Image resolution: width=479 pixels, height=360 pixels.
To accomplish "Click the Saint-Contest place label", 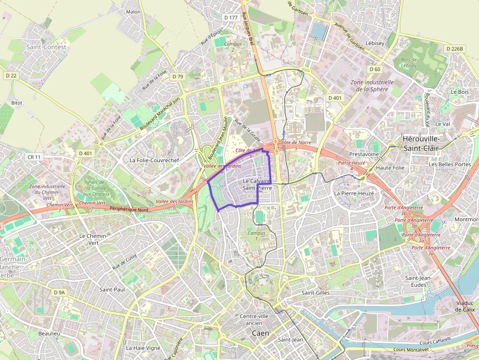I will [46, 47].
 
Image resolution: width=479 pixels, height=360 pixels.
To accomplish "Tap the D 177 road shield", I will [230, 18].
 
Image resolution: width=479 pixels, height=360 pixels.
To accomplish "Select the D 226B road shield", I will [454, 49].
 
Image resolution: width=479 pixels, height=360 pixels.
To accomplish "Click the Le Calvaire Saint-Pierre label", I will [257, 184].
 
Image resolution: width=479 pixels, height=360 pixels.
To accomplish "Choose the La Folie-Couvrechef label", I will [154, 160].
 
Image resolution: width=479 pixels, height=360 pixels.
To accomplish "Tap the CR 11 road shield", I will [35, 157].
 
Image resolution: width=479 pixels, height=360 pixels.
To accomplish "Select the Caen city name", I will [260, 333].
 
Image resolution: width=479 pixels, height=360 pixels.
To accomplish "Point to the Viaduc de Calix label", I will [465, 306].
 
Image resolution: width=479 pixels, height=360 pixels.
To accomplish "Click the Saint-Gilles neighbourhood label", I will [315, 293].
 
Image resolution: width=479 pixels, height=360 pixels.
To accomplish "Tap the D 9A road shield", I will [58, 292].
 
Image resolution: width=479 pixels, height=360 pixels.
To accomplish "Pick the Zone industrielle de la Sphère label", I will [372, 85].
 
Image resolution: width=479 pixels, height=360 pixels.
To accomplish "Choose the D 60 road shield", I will [374, 69].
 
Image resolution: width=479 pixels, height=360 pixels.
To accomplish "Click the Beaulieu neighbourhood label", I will [49, 334].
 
